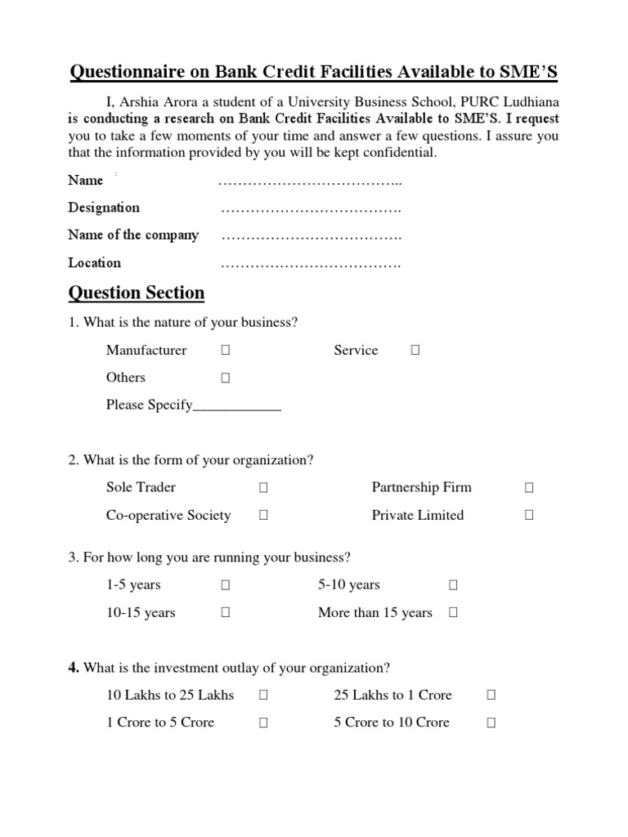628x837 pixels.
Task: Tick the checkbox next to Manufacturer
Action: pyautogui.click(x=225, y=351)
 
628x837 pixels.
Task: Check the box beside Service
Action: pyautogui.click(x=415, y=351)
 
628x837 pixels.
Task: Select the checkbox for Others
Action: pyautogui.click(x=225, y=378)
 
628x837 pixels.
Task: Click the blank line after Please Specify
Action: pyautogui.click(x=237, y=406)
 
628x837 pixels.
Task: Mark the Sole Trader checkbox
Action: pyautogui.click(x=263, y=488)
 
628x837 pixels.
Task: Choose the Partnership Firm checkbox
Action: pyautogui.click(x=529, y=488)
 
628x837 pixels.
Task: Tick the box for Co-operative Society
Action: pyautogui.click(x=263, y=516)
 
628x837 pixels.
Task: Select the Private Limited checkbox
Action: pyautogui.click(x=529, y=516)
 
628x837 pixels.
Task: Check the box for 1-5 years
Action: pyautogui.click(x=225, y=585)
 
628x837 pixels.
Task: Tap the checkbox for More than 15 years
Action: pyautogui.click(x=453, y=613)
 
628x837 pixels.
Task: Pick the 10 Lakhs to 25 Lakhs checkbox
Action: pyautogui.click(x=263, y=696)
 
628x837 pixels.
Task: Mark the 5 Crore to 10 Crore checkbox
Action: pyautogui.click(x=491, y=723)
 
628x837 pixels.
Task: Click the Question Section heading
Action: pyautogui.click(x=137, y=293)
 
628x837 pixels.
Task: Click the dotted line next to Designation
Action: pyautogui.click(x=311, y=209)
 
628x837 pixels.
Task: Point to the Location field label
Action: pyautogui.click(x=94, y=262)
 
